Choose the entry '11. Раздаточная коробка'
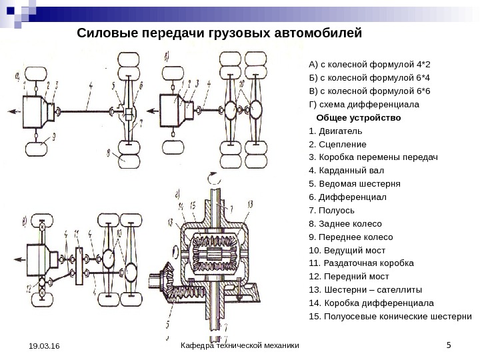pyautogui.click(x=361, y=263)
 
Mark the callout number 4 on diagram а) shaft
pyautogui.click(x=91, y=85)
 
